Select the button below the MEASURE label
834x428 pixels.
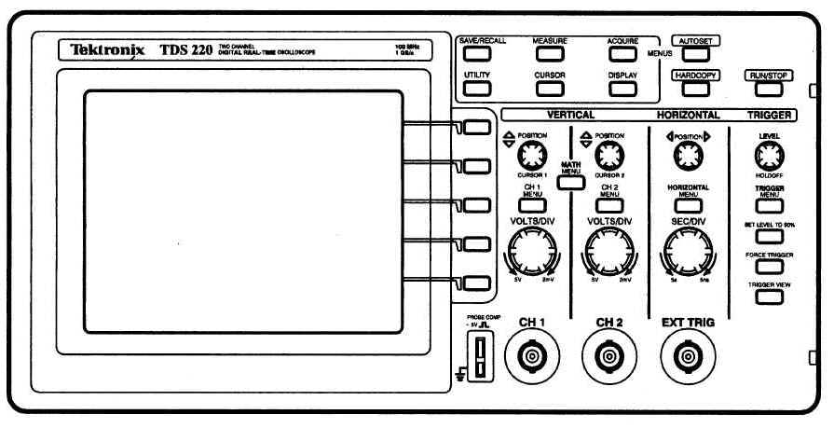coord(550,55)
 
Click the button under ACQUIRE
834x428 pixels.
coord(622,55)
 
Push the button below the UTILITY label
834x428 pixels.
coord(477,90)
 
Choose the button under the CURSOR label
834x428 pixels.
coord(550,90)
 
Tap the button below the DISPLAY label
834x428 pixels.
coord(622,90)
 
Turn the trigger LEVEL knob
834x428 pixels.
coord(769,155)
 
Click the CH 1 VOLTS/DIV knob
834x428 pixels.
coord(532,250)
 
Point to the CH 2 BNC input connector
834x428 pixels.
coord(609,356)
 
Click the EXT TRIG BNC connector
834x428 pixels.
coord(689,356)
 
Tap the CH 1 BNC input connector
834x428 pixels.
coord(531,356)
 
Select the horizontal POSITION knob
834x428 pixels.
coord(688,155)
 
